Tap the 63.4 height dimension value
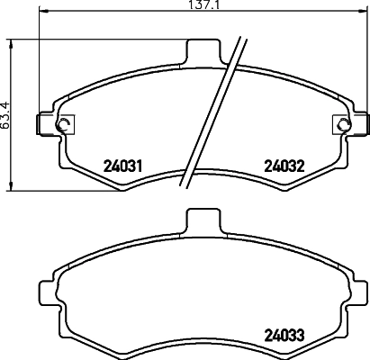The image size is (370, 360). [x=6, y=113]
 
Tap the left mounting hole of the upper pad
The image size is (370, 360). [x=62, y=125]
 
